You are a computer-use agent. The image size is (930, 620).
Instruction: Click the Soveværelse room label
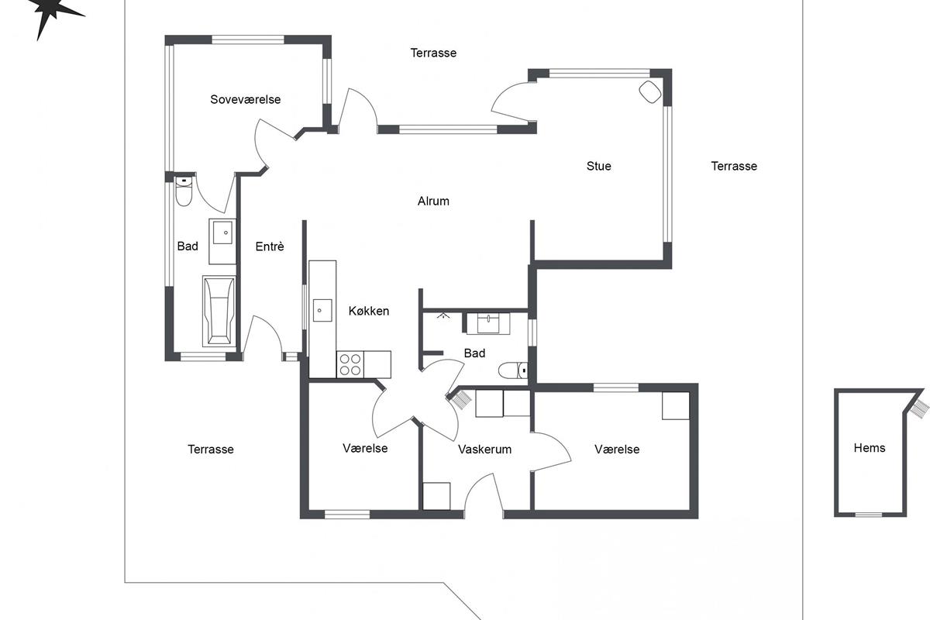click(x=246, y=100)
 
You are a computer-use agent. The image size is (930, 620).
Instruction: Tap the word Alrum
click(x=433, y=201)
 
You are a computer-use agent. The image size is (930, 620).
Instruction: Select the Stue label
click(x=598, y=166)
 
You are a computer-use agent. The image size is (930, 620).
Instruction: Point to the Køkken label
click(x=369, y=311)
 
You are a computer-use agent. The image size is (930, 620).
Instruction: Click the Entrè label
click(x=270, y=246)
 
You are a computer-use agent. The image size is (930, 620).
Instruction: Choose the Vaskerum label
click(x=484, y=449)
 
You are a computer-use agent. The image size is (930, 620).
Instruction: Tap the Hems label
click(x=870, y=448)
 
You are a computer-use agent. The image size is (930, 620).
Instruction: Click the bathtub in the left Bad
click(x=219, y=311)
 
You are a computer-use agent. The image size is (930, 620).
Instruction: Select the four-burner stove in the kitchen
click(x=350, y=364)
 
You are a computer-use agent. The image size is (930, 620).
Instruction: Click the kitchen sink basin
click(x=322, y=310)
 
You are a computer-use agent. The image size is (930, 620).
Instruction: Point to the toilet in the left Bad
click(x=184, y=191)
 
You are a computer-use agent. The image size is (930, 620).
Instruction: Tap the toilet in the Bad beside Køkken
click(x=513, y=370)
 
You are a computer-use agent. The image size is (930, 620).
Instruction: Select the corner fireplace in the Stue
click(x=649, y=91)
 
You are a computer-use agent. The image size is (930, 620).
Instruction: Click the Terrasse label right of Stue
click(x=734, y=166)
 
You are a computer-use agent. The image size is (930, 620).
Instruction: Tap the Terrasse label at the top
click(x=433, y=53)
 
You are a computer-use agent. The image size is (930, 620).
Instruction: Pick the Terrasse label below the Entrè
click(x=211, y=449)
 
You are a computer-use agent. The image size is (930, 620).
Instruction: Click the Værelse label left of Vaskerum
click(x=365, y=448)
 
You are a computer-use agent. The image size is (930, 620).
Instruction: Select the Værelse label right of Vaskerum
click(x=617, y=449)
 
